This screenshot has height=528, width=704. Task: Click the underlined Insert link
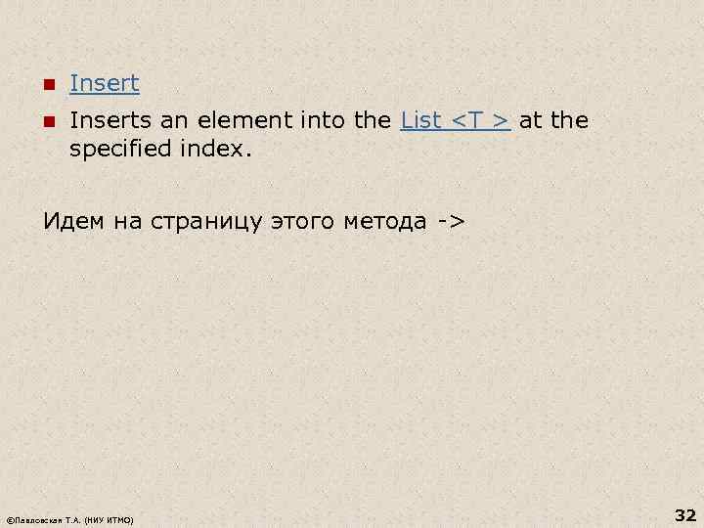click(105, 84)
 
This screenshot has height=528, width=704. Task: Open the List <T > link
click(456, 121)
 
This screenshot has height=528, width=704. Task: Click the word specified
click(124, 152)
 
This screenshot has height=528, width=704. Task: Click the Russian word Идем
click(73, 221)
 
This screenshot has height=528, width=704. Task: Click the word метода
click(385, 221)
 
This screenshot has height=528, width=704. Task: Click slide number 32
click(684, 514)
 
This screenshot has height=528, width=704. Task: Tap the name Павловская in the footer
click(40, 519)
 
